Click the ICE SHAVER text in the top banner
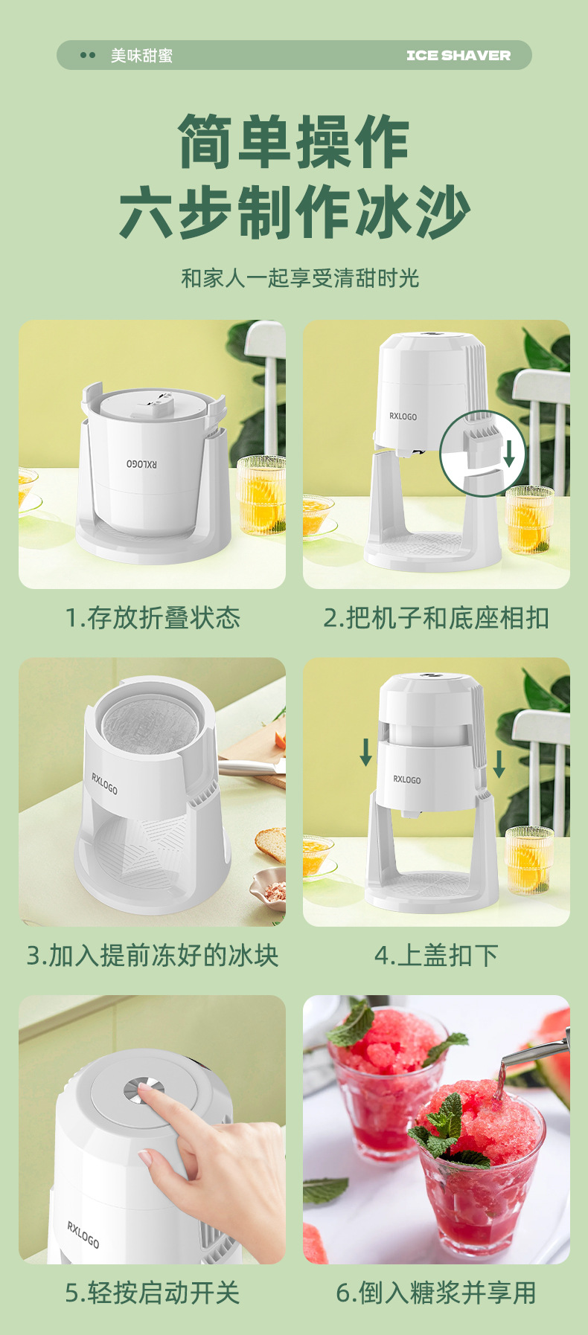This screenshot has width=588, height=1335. pos(458,55)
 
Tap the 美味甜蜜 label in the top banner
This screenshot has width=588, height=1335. pos(141,55)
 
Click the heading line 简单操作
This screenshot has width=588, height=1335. pos(294,141)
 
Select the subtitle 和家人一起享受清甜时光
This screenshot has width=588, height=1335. pos(300,278)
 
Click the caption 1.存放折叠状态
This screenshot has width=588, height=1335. pos(153,617)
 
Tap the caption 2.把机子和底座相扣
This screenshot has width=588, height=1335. pos(436,617)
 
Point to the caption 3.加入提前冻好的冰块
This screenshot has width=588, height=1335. pos(153,955)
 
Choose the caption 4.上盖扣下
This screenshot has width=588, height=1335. pos(436,955)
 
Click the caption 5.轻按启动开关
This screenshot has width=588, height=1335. pos(153,1293)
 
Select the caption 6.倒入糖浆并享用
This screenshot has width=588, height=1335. pos(436,1293)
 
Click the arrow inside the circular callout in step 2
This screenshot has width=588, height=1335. pos(509,452)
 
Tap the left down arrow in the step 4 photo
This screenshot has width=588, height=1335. pos(366,753)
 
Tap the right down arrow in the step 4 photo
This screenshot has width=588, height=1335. pos(499,764)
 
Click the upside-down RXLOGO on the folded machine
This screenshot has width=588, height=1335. pos(141,464)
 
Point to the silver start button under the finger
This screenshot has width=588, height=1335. pos(141,1091)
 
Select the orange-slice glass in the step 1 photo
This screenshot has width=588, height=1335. pos(261,495)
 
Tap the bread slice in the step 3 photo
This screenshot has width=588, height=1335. pos(270,843)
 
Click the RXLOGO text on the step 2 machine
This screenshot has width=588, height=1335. pos(403,416)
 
